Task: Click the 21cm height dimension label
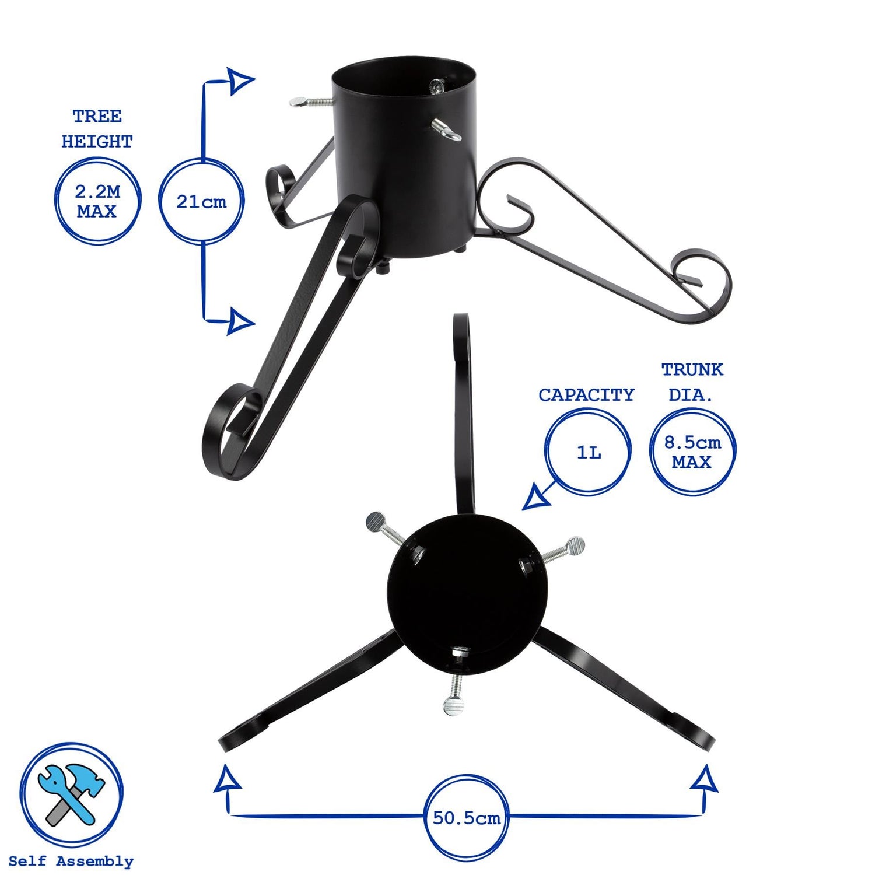coord(201,202)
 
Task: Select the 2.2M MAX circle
coord(97,201)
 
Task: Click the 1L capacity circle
coord(588,452)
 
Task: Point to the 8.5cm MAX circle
coord(692,452)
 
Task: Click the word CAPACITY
coord(586,395)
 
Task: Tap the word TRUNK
coord(692,369)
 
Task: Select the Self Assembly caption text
coord(71,862)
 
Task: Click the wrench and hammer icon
coord(71,794)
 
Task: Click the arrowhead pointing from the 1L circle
coord(535,499)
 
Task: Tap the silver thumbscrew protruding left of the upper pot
coord(309,102)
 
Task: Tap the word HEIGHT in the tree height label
coord(97,142)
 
